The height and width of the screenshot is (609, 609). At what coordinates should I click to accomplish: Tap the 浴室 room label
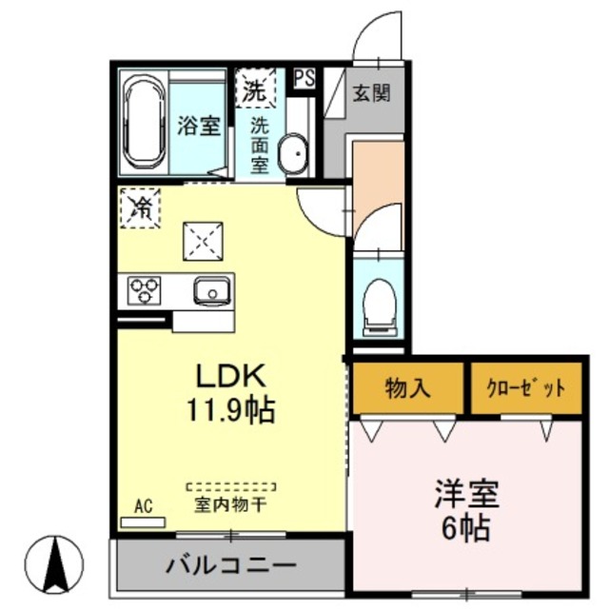(x=199, y=127)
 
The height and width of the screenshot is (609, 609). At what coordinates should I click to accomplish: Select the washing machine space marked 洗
(x=254, y=89)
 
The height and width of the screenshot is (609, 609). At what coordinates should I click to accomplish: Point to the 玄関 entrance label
(x=369, y=93)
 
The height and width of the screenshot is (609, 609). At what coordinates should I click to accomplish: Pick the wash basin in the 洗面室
(x=294, y=153)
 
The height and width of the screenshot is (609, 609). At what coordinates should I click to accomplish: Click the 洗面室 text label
(x=259, y=144)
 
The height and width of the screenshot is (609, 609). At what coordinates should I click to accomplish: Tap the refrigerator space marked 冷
(x=139, y=206)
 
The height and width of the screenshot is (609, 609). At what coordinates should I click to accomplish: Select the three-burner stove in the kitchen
(x=146, y=288)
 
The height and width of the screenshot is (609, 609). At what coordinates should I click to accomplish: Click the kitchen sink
(x=211, y=289)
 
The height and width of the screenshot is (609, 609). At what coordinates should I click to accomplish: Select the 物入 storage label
(x=407, y=387)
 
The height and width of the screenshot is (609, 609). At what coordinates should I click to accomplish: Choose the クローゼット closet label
(x=526, y=388)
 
